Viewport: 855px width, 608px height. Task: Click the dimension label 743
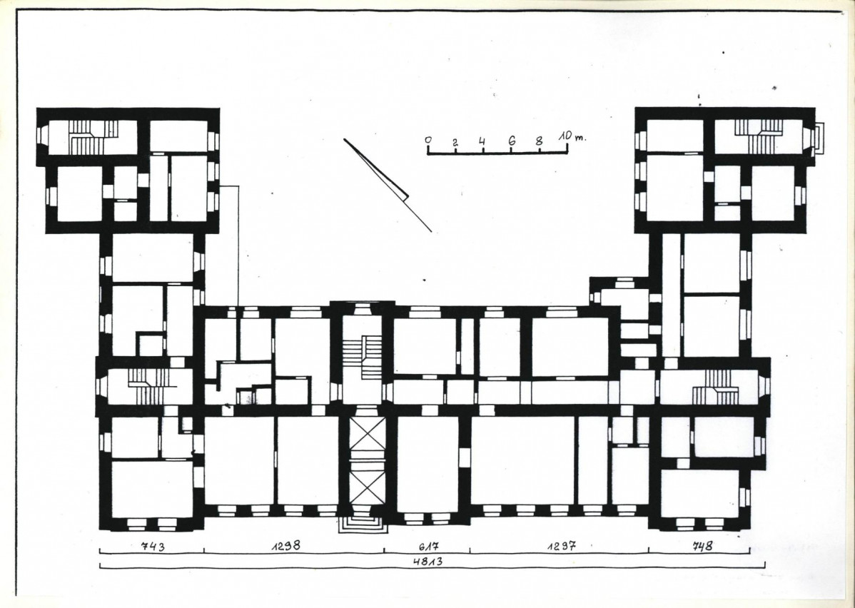point(153,546)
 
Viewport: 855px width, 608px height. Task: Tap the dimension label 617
point(427,546)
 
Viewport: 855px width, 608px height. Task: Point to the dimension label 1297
point(561,546)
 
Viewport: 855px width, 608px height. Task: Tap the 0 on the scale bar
point(429,140)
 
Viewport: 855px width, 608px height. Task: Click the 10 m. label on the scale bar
point(570,136)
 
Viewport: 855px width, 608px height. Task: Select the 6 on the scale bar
point(512,140)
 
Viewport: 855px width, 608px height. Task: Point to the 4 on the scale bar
point(482,141)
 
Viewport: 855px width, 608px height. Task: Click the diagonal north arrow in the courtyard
point(388,186)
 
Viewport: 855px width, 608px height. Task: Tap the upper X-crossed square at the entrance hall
point(367,434)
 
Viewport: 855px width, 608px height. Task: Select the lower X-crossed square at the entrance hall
point(367,487)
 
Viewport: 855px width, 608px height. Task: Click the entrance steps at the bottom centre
point(362,525)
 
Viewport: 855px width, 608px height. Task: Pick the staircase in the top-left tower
point(93,137)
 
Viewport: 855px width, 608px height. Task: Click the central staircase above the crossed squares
point(363,358)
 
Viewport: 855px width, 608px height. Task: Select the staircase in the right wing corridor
point(716,387)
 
